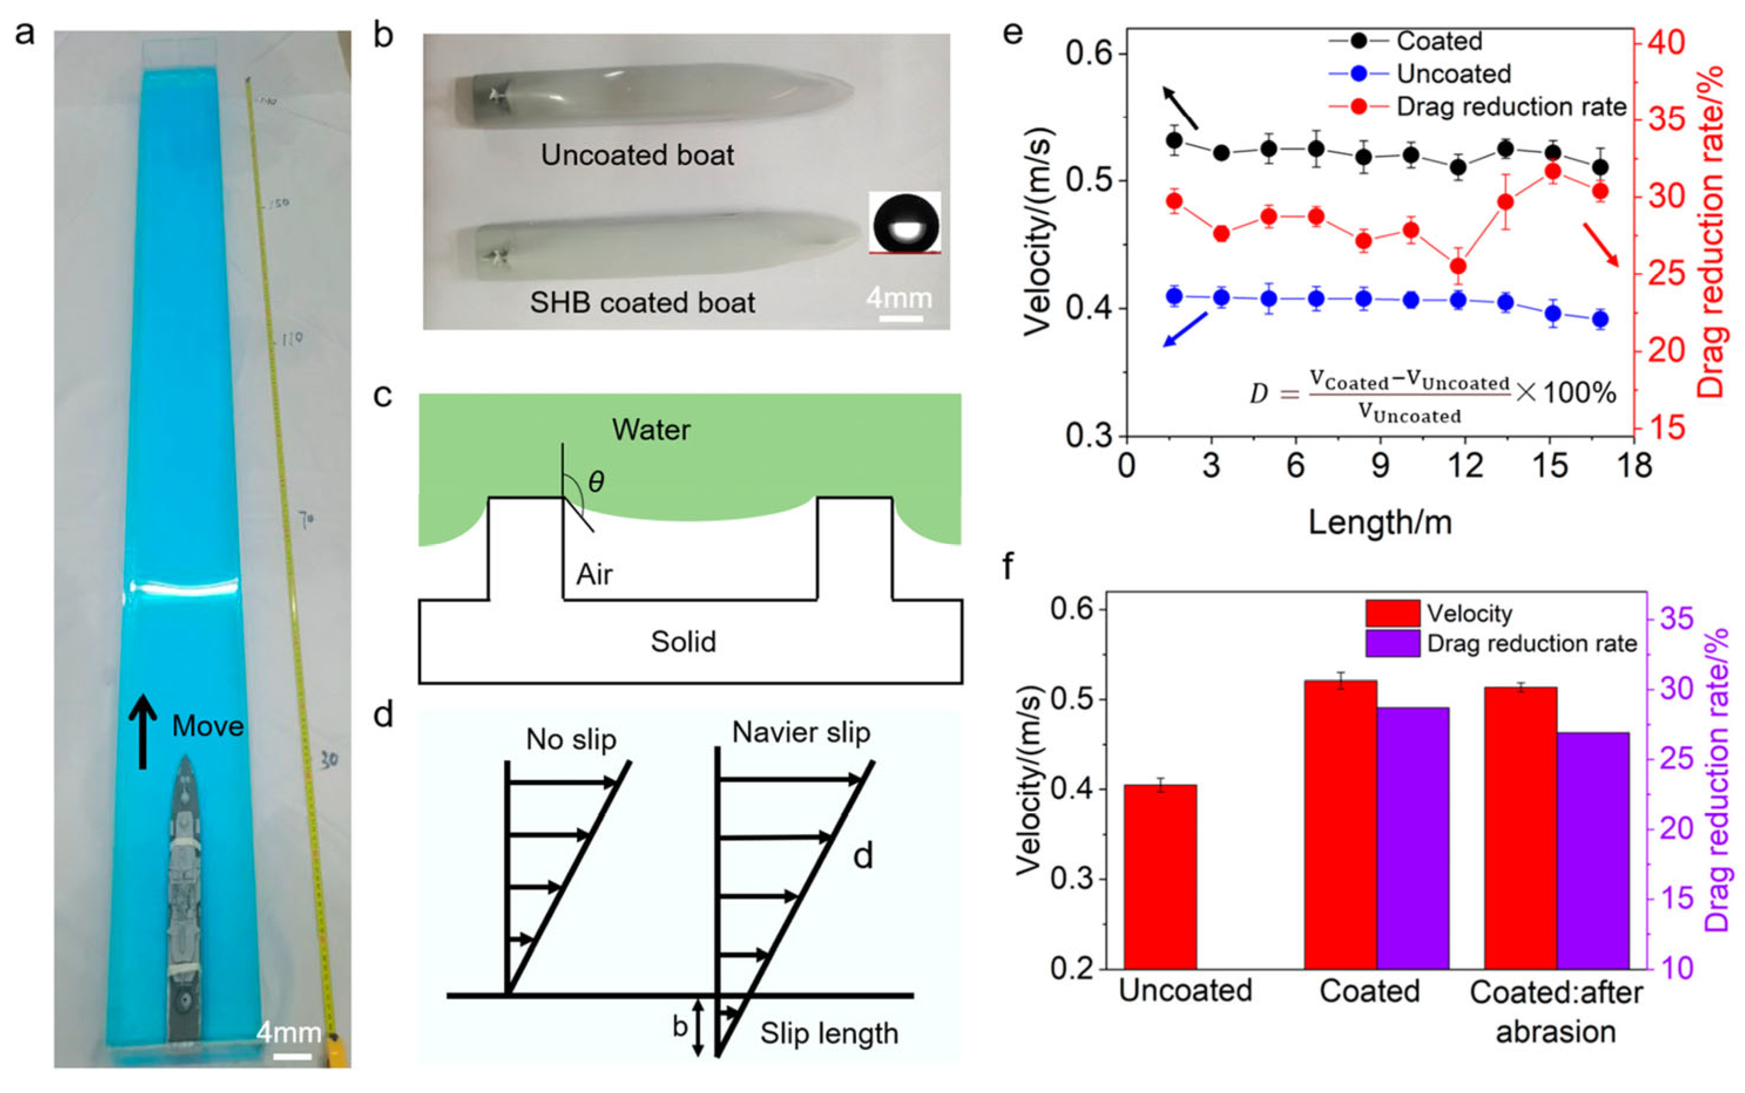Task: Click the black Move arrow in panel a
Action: (143, 731)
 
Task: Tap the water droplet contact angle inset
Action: (905, 222)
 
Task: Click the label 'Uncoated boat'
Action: (637, 156)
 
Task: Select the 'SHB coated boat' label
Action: (642, 302)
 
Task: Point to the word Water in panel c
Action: (651, 430)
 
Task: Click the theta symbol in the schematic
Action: (596, 481)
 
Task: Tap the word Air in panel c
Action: (594, 575)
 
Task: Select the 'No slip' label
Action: (571, 739)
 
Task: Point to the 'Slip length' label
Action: (828, 1034)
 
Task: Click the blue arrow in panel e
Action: (1185, 329)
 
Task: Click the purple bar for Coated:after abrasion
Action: (1592, 850)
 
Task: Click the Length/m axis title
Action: (1379, 522)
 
